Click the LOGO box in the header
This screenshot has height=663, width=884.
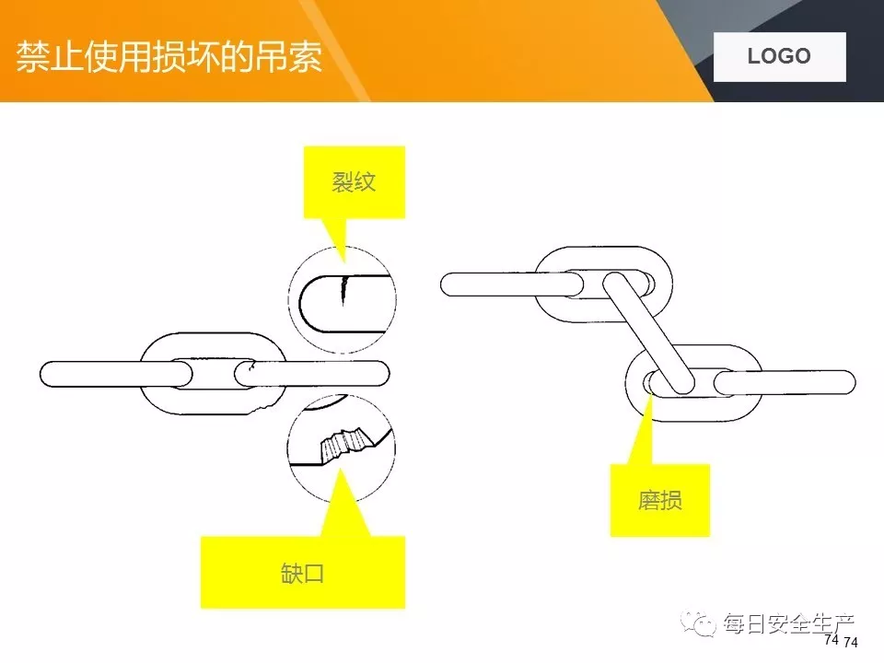(x=779, y=56)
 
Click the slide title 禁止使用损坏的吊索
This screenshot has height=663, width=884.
(x=169, y=56)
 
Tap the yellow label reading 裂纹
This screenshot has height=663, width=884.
(x=355, y=181)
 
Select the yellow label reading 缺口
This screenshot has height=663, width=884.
(x=302, y=573)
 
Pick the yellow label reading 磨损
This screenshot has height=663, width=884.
(x=659, y=501)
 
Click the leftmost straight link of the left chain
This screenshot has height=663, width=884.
(x=115, y=374)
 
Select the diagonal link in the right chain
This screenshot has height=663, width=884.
(x=649, y=332)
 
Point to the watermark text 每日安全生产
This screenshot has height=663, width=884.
(x=788, y=623)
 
